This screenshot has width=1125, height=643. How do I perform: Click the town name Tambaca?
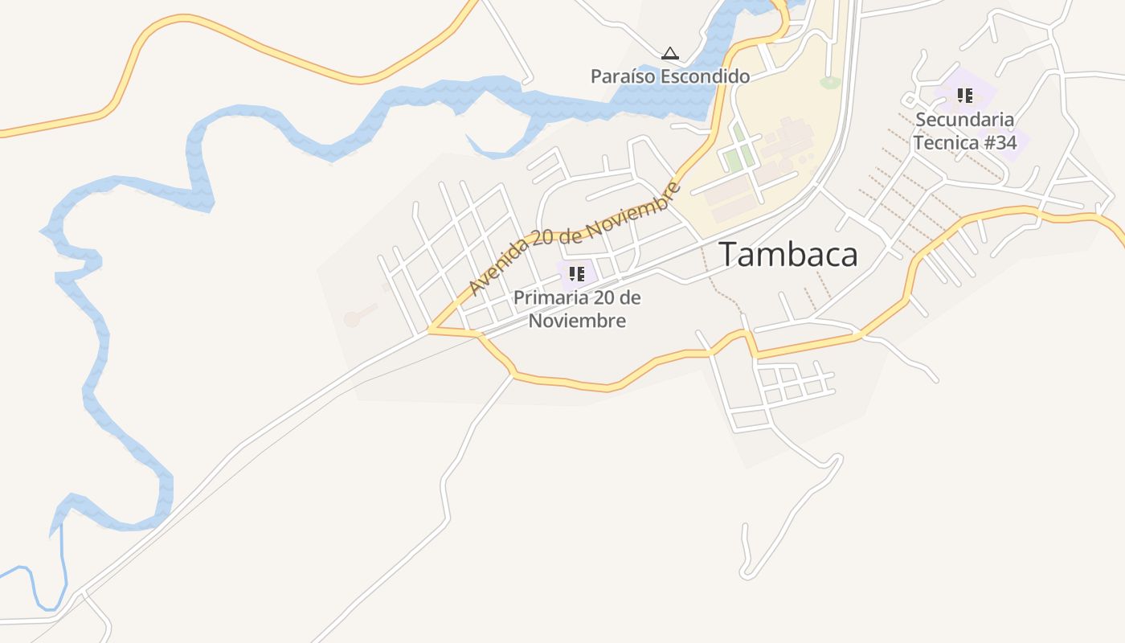coord(787,254)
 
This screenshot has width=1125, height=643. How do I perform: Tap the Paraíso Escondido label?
coord(670,76)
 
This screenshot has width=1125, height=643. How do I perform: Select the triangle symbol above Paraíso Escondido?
coord(670,54)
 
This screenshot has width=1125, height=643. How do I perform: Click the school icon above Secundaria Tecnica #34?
coord(965,96)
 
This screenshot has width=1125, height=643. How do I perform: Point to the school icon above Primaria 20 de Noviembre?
coord(576,273)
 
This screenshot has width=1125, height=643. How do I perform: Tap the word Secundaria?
coord(964,120)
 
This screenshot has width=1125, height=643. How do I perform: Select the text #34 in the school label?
coord(999,143)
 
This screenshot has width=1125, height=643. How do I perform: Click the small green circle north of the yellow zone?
coord(829,82)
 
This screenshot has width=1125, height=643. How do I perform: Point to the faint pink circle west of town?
coord(352,319)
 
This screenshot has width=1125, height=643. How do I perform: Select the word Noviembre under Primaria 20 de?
coord(576,321)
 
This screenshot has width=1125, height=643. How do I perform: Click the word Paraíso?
coord(624,76)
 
